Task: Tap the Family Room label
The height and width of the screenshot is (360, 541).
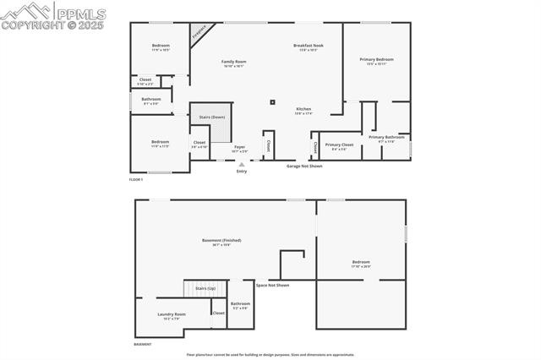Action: pyautogui.click(x=234, y=62)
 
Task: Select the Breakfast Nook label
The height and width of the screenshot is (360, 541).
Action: pyautogui.click(x=309, y=45)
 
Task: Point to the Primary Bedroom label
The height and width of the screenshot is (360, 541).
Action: pyautogui.click(x=376, y=59)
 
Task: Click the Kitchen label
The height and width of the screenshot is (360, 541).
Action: pyautogui.click(x=303, y=109)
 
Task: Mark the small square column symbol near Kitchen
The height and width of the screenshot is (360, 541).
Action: pyautogui.click(x=272, y=102)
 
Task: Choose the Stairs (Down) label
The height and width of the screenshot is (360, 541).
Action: pyautogui.click(x=212, y=117)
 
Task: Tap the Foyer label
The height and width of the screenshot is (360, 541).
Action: pyautogui.click(x=240, y=147)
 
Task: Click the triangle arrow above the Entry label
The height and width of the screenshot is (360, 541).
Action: pyautogui.click(x=242, y=165)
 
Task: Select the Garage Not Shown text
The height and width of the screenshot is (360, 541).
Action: pyautogui.click(x=304, y=166)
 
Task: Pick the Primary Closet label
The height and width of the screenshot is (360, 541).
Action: pyautogui.click(x=338, y=145)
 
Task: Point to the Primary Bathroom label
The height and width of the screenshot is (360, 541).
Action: pyautogui.click(x=386, y=137)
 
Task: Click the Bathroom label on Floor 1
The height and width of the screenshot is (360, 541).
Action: pyautogui.click(x=151, y=100)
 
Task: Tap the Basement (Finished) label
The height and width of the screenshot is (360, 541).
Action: pyautogui.click(x=221, y=241)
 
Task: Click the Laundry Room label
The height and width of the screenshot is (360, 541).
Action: pyautogui.click(x=172, y=314)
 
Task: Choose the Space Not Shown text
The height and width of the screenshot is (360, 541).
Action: pyautogui.click(x=272, y=285)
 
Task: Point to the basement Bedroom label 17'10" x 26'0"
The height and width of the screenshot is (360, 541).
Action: pyautogui.click(x=361, y=262)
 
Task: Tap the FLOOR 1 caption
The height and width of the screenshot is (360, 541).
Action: pyautogui.click(x=136, y=180)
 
